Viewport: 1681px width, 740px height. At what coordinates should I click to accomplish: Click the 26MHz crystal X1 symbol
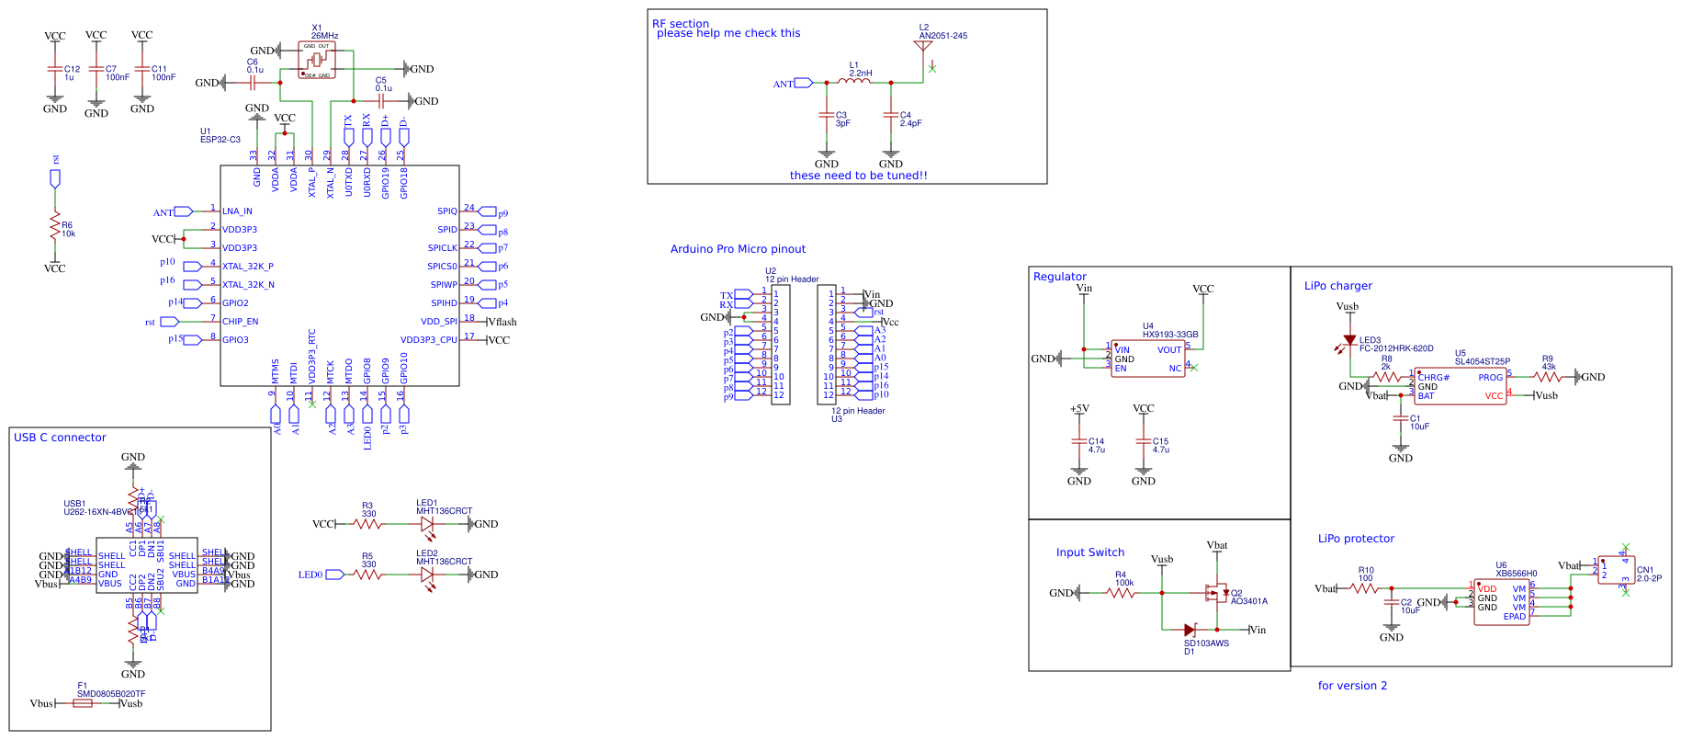click(x=317, y=60)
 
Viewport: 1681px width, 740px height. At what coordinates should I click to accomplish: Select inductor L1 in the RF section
click(x=855, y=82)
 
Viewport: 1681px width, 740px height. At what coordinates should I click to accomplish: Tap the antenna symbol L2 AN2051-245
click(x=924, y=45)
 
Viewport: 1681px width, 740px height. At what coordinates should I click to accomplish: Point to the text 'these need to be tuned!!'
click(x=858, y=176)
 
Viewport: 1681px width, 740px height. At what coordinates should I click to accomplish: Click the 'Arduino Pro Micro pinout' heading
click(x=738, y=249)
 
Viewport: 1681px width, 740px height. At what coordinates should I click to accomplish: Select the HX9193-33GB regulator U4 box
click(x=1147, y=359)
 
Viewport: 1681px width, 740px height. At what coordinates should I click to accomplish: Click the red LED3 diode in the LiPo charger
click(x=1349, y=341)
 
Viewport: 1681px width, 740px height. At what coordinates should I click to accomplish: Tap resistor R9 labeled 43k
click(x=1548, y=377)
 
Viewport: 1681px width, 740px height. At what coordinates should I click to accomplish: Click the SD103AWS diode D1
click(x=1190, y=630)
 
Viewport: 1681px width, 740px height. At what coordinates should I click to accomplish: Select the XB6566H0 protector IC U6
click(x=1501, y=602)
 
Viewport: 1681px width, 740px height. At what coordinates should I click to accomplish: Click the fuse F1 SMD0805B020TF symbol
click(x=83, y=703)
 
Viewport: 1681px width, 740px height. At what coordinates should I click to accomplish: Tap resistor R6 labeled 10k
click(x=55, y=226)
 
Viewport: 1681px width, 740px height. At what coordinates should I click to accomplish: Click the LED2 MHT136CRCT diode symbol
click(x=427, y=575)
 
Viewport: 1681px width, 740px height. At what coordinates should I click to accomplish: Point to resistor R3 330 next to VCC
click(x=367, y=524)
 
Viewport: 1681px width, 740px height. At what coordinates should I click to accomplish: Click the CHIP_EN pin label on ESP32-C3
click(x=240, y=322)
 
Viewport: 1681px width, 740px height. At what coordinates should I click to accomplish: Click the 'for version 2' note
click(x=1352, y=686)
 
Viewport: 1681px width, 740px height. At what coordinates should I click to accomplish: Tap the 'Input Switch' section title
click(x=1089, y=552)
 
